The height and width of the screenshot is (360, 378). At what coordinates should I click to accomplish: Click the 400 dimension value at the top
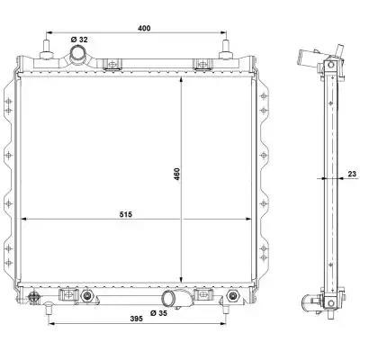tap(144, 28)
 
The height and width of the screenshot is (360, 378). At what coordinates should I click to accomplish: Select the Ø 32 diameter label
tap(79, 40)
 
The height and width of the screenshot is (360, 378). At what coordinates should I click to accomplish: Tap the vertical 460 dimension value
tap(176, 174)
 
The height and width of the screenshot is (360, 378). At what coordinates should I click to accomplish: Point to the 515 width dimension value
tap(126, 214)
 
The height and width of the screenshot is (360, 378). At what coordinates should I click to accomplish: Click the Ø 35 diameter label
tap(158, 313)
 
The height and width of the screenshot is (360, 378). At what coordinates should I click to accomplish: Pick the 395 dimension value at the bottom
tap(137, 319)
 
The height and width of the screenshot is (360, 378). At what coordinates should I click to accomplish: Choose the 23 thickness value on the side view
tap(352, 174)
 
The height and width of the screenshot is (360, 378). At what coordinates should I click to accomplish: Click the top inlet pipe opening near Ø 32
tap(77, 54)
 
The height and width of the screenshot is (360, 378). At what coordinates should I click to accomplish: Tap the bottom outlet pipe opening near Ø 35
tap(169, 299)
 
